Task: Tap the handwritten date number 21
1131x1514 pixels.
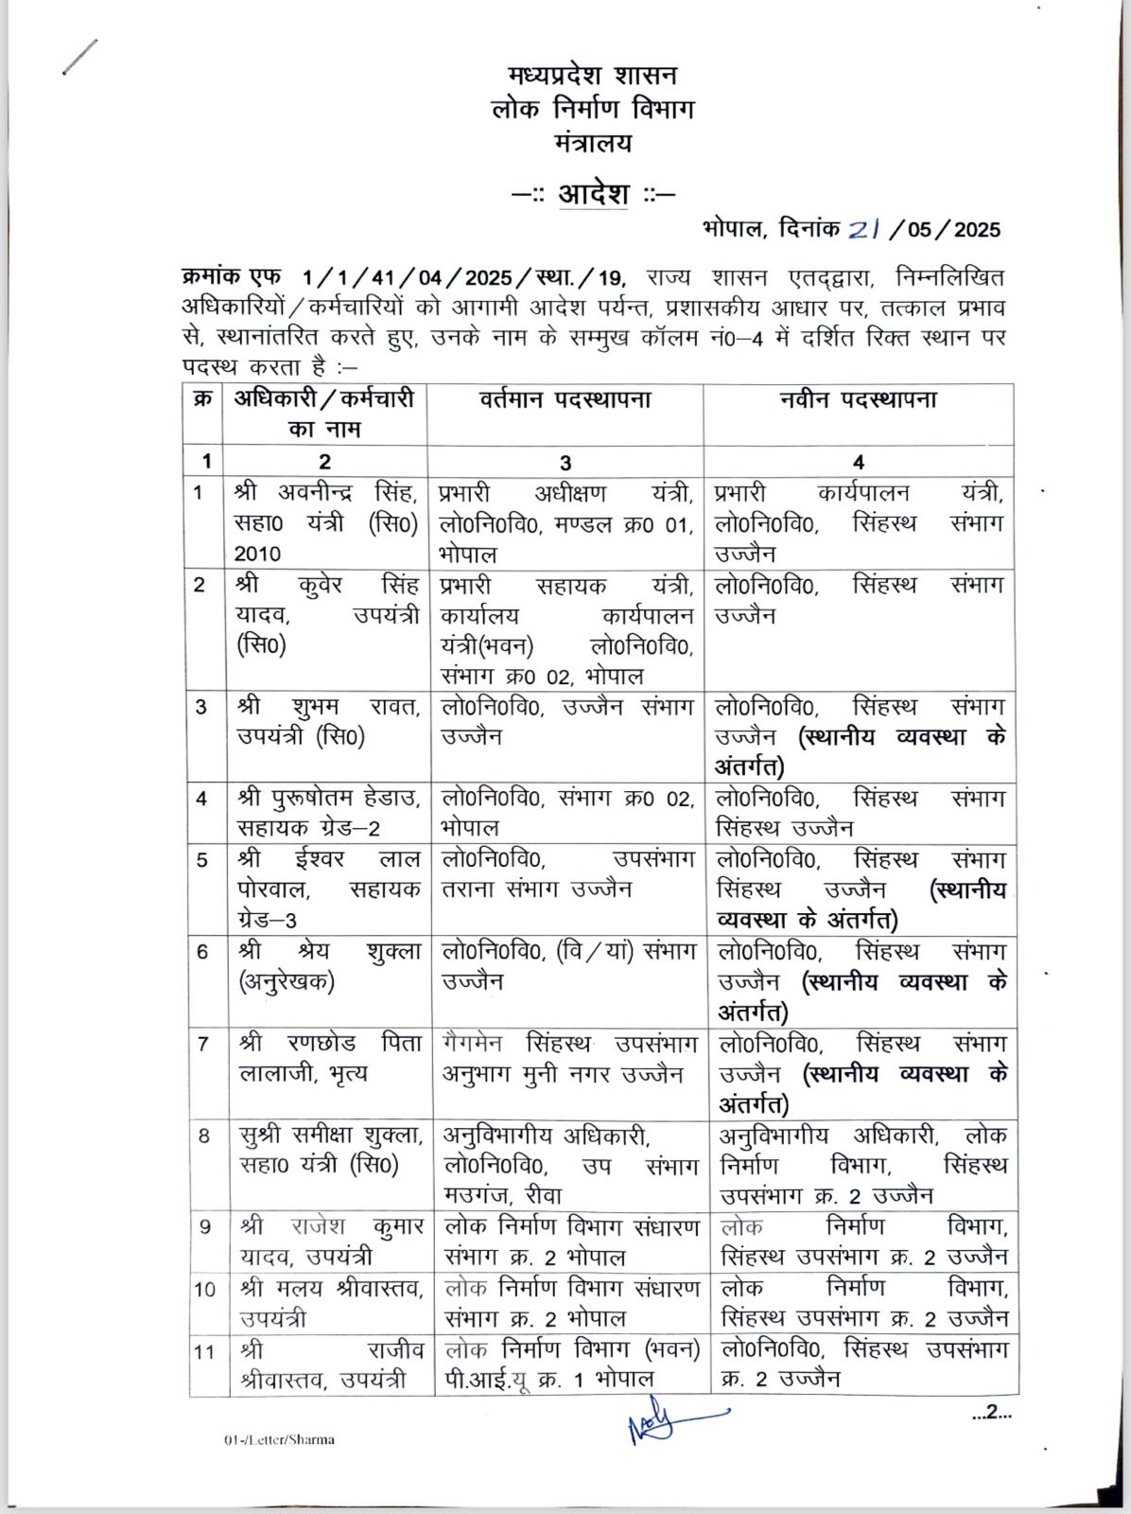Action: pyautogui.click(x=864, y=229)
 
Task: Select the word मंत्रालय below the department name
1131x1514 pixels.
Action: pyautogui.click(x=593, y=143)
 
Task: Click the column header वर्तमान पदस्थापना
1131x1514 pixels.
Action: pyautogui.click(x=565, y=400)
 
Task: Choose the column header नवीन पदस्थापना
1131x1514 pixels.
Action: pyautogui.click(x=858, y=400)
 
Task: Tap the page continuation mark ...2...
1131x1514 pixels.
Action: pyautogui.click(x=991, y=1414)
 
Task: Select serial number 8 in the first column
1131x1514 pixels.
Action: pyautogui.click(x=204, y=1134)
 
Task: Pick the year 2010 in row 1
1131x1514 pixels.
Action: pyautogui.click(x=258, y=554)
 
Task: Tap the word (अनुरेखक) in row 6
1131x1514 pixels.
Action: pyautogui.click(x=287, y=981)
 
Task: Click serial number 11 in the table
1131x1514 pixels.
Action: pyautogui.click(x=204, y=1350)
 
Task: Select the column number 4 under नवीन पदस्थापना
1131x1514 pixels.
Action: pyautogui.click(x=858, y=462)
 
